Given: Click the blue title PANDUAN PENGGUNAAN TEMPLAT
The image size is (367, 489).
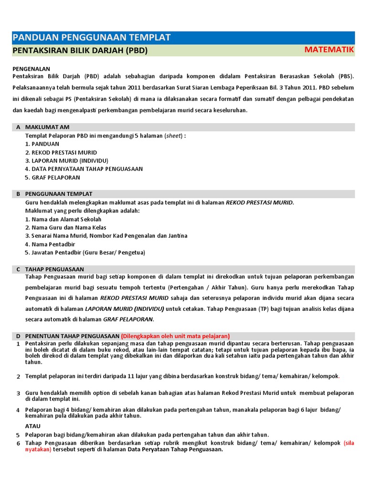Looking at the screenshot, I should click(91, 38).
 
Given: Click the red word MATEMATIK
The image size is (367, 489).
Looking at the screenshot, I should click(329, 50).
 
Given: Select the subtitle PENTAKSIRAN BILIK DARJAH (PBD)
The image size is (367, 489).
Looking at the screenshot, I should click(80, 50).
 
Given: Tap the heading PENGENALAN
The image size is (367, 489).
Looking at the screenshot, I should click(31, 69).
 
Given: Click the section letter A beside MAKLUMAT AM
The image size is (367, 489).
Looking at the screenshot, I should click(18, 127).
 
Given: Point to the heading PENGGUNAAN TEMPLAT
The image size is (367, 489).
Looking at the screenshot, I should click(58, 194).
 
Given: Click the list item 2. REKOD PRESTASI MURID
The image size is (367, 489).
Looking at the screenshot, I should click(61, 152).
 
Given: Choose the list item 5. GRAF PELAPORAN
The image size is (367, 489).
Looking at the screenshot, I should click(53, 177).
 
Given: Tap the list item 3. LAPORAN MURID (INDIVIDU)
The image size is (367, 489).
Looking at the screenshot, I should click(66, 160).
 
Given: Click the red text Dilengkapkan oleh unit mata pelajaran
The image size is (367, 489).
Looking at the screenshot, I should click(175, 336).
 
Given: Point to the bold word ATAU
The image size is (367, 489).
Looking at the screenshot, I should click(33, 426).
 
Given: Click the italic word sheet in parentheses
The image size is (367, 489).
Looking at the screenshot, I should click(173, 136).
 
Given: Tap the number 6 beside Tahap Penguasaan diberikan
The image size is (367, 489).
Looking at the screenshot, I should click(18, 444).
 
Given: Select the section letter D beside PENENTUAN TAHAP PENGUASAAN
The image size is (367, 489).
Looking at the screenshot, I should click(18, 336).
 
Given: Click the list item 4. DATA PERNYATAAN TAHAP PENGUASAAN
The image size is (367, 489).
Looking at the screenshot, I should click(84, 169).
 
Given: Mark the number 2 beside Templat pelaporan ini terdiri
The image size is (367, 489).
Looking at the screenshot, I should click(18, 377).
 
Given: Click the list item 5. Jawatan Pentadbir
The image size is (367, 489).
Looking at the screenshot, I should click(85, 252).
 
